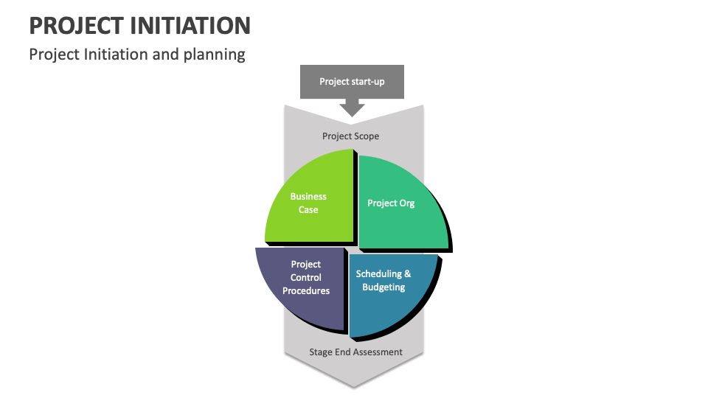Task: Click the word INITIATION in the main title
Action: [x=192, y=26]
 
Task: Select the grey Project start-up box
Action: [x=352, y=82]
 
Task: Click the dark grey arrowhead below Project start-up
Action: [x=352, y=109]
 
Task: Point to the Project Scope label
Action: [x=351, y=136]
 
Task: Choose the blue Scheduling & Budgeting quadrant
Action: [x=391, y=291]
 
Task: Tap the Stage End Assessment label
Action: [x=355, y=352]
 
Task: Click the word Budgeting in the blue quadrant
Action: [x=383, y=287]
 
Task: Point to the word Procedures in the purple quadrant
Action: [x=306, y=291]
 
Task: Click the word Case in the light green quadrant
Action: [x=308, y=210]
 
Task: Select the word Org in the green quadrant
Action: [x=406, y=203]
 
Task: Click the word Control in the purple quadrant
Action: [x=306, y=278]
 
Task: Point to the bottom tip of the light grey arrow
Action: [x=354, y=385]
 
